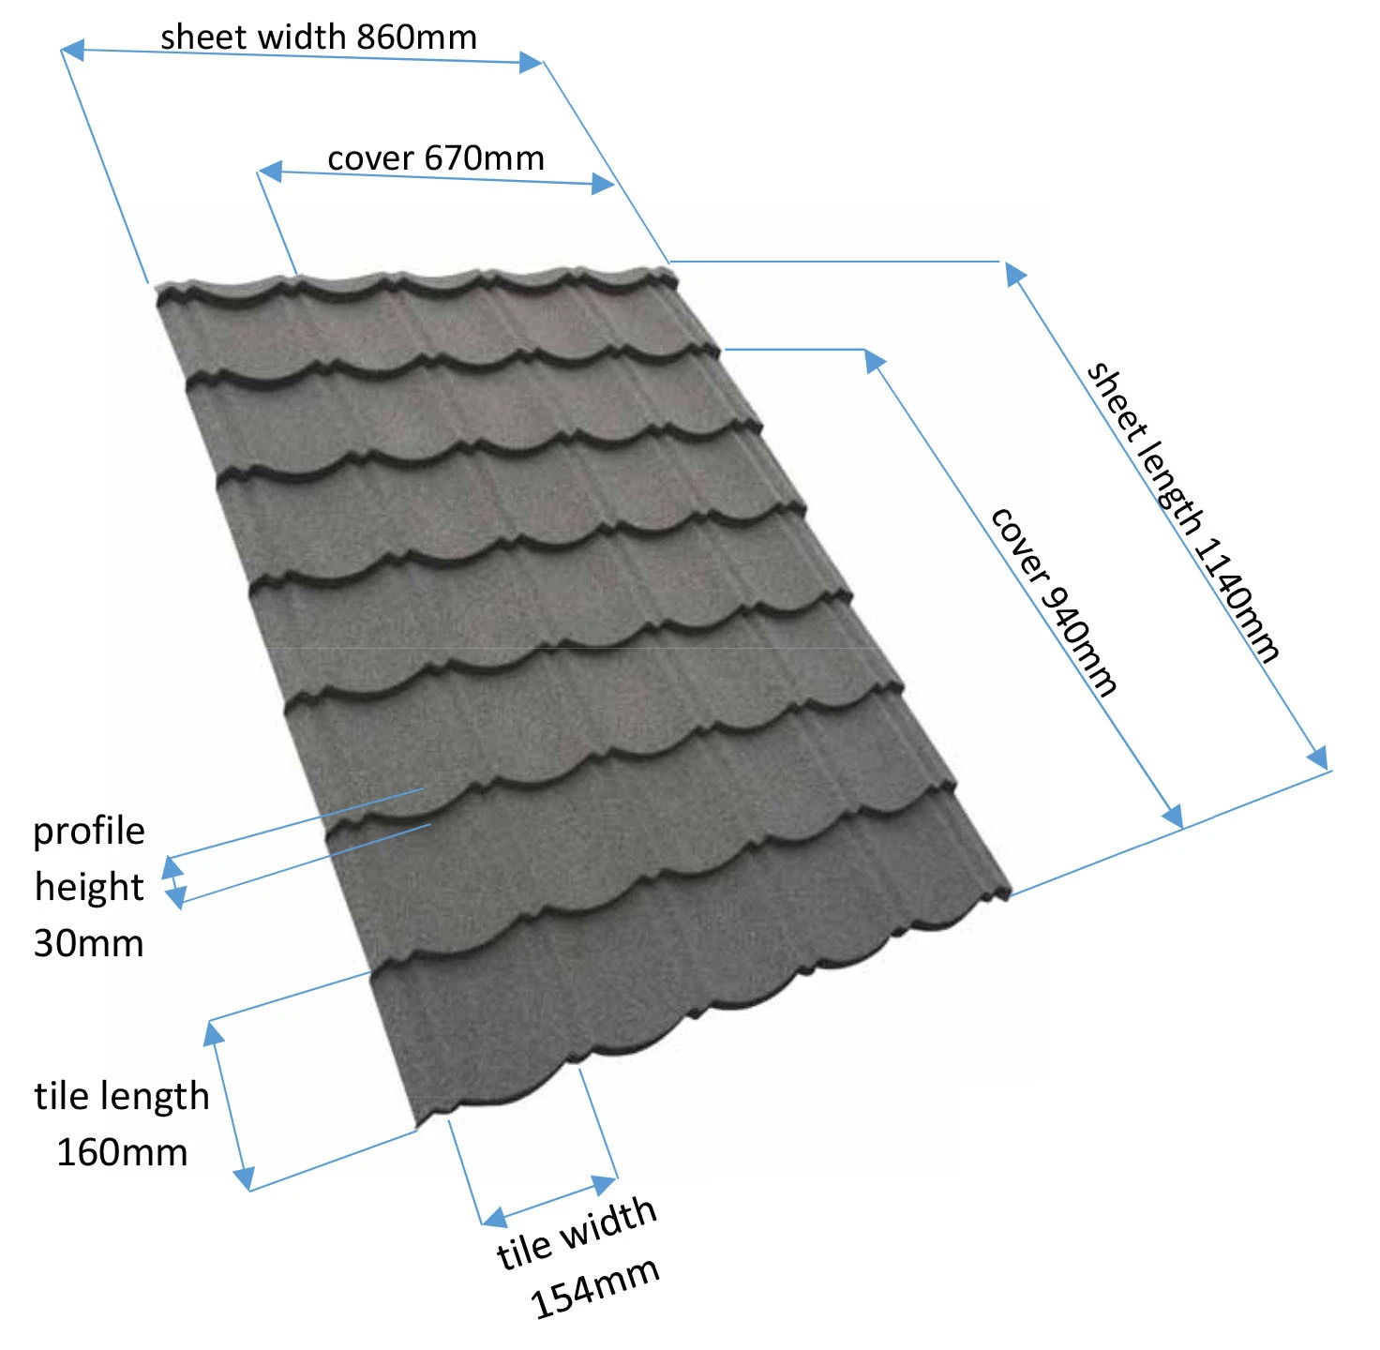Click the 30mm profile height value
pos(89,942)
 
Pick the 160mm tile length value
pos(122,1152)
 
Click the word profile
pos(89,832)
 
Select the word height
pos(89,887)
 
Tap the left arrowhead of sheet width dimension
pos(73,50)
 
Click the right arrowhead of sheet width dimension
pos(531,63)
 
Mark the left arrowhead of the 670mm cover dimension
pos(270,172)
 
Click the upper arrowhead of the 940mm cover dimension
pos(874,360)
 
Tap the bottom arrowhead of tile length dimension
pos(244,1177)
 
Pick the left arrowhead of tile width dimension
pos(494,1218)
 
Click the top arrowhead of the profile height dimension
pos(172,867)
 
